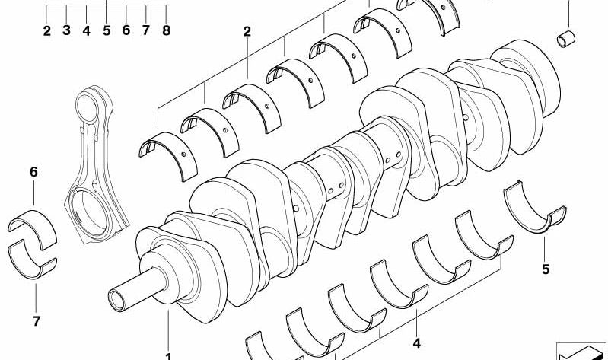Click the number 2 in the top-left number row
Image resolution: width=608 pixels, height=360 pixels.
point(47,31)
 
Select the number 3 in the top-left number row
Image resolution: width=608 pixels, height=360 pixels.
point(67,31)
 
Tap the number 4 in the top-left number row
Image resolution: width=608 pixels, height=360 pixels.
point(87,31)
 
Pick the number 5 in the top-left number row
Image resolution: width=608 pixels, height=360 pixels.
point(107,31)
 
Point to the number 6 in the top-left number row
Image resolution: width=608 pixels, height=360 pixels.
point(126,31)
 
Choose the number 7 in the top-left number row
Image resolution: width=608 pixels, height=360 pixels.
point(146,31)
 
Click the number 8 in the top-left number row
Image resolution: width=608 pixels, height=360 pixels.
point(166,31)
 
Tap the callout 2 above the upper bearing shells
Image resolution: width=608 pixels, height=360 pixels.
point(247,32)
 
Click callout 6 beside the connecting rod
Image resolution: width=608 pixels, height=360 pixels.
point(33,173)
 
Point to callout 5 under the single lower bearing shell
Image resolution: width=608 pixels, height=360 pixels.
point(545,269)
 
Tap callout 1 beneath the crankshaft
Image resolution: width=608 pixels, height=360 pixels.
point(168,355)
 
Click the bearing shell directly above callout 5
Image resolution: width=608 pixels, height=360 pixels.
point(535,204)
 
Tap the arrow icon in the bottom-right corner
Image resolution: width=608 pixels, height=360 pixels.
point(581,349)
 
